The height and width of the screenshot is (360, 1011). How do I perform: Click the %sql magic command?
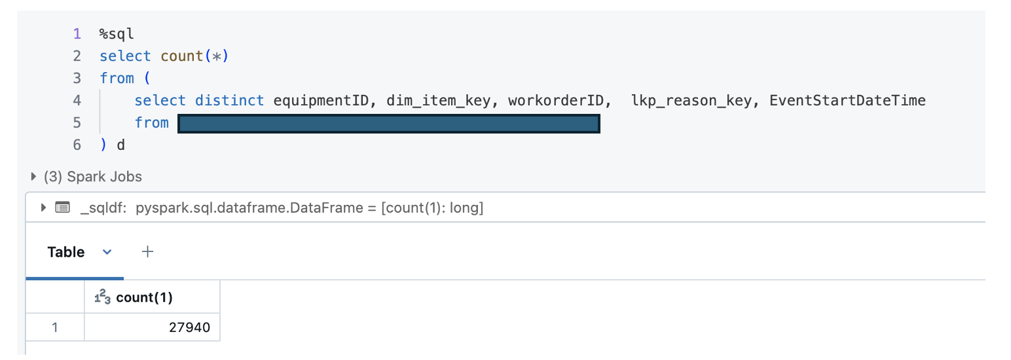pyautogui.click(x=117, y=34)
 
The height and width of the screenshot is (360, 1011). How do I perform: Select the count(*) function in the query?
pyautogui.click(x=194, y=56)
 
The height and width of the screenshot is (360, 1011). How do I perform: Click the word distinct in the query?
pyautogui.click(x=229, y=100)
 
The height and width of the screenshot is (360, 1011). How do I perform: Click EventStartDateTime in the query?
pyautogui.click(x=847, y=100)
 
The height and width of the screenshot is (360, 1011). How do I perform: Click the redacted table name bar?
pyautogui.click(x=389, y=123)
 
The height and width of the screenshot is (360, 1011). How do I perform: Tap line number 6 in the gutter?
pyautogui.click(x=77, y=145)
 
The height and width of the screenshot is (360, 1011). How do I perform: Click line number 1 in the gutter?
pyautogui.click(x=77, y=34)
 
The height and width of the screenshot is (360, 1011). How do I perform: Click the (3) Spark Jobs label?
pyautogui.click(x=92, y=177)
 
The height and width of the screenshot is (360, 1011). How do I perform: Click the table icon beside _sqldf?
pyautogui.click(x=62, y=208)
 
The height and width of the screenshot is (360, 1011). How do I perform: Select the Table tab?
pyautogui.click(x=66, y=252)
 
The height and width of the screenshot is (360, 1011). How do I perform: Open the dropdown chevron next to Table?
pyautogui.click(x=107, y=252)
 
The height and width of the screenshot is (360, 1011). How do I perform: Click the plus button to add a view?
pyautogui.click(x=148, y=251)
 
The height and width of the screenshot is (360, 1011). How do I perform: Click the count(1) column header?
pyautogui.click(x=145, y=298)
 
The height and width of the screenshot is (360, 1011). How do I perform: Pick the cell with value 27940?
pyautogui.click(x=189, y=327)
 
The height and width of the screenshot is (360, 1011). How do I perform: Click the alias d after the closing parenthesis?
pyautogui.click(x=120, y=145)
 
